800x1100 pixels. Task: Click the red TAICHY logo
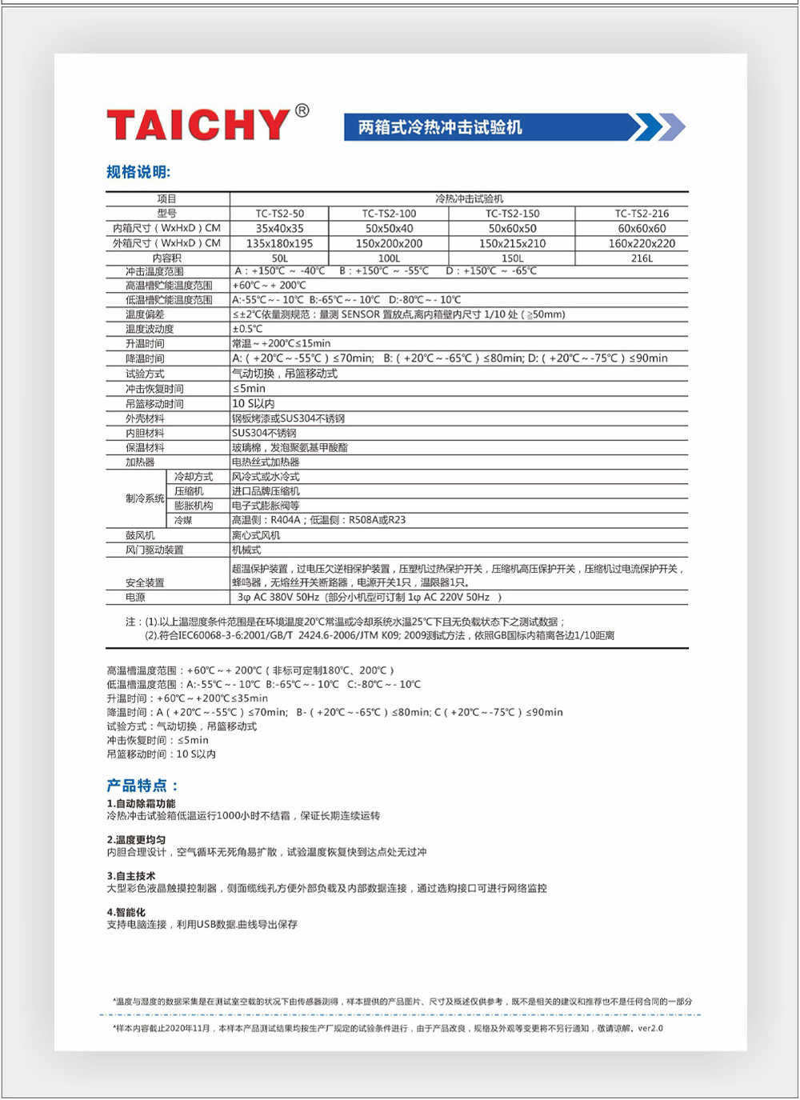click(198, 124)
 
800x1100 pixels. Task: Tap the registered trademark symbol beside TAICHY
click(302, 111)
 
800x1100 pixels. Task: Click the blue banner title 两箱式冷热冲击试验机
click(440, 127)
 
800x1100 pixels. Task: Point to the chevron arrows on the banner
click(657, 127)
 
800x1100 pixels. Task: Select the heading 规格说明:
click(138, 172)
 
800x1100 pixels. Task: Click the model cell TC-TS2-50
click(280, 214)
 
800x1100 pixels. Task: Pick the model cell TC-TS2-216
click(642, 214)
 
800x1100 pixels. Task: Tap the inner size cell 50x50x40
click(389, 228)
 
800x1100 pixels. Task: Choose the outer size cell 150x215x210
click(512, 243)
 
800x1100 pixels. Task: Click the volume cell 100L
click(389, 258)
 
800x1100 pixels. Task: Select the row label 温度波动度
click(150, 329)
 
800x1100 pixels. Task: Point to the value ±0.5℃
click(247, 329)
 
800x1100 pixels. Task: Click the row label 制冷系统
click(145, 498)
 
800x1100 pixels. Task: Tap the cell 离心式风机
click(256, 535)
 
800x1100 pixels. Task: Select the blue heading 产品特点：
click(143, 786)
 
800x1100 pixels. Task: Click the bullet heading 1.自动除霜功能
click(141, 803)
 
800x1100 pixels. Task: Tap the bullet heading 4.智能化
click(126, 912)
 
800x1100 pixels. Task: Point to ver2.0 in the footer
click(650, 1028)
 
